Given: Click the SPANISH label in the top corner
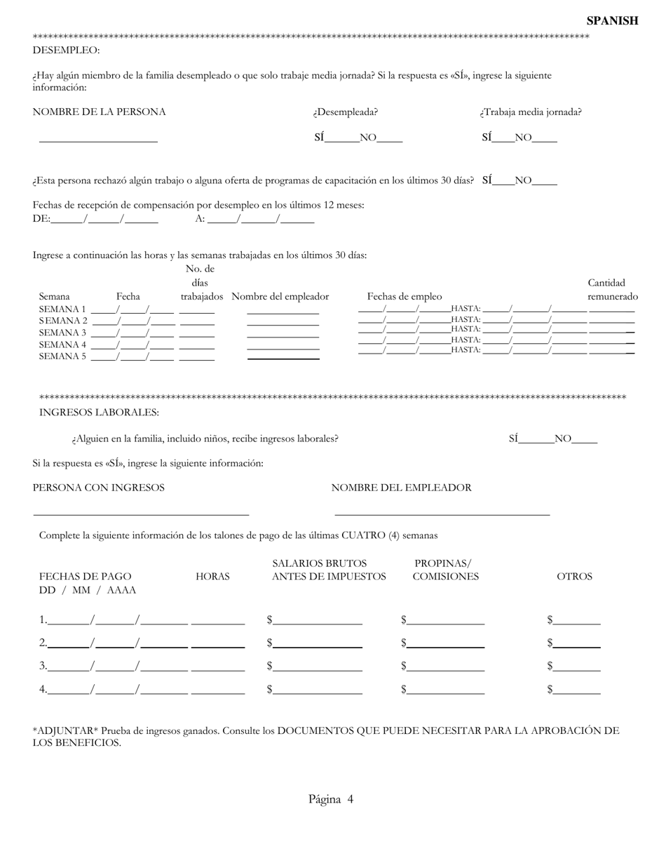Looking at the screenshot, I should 612,21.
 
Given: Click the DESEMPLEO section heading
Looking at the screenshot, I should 66,51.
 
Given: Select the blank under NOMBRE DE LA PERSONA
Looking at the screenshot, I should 98,138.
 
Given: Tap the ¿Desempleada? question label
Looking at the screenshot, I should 346,112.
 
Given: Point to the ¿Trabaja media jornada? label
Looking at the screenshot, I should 531,112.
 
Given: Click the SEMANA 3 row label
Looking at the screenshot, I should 62,333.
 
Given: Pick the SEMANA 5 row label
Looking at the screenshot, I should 62,356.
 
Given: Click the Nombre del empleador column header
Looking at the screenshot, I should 280,297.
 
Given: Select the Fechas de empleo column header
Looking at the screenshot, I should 405,297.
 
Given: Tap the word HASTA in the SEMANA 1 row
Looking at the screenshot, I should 465,309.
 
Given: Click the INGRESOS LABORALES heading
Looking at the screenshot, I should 99,413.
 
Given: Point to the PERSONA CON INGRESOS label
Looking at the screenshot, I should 99,488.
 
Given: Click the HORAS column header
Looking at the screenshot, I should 212,577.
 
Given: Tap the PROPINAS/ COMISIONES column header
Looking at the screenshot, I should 445,570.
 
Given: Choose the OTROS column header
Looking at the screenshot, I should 574,577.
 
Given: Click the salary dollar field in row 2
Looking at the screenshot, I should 318,643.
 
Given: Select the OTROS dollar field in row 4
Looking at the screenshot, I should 576,690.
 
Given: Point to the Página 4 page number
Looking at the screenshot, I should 331,799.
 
